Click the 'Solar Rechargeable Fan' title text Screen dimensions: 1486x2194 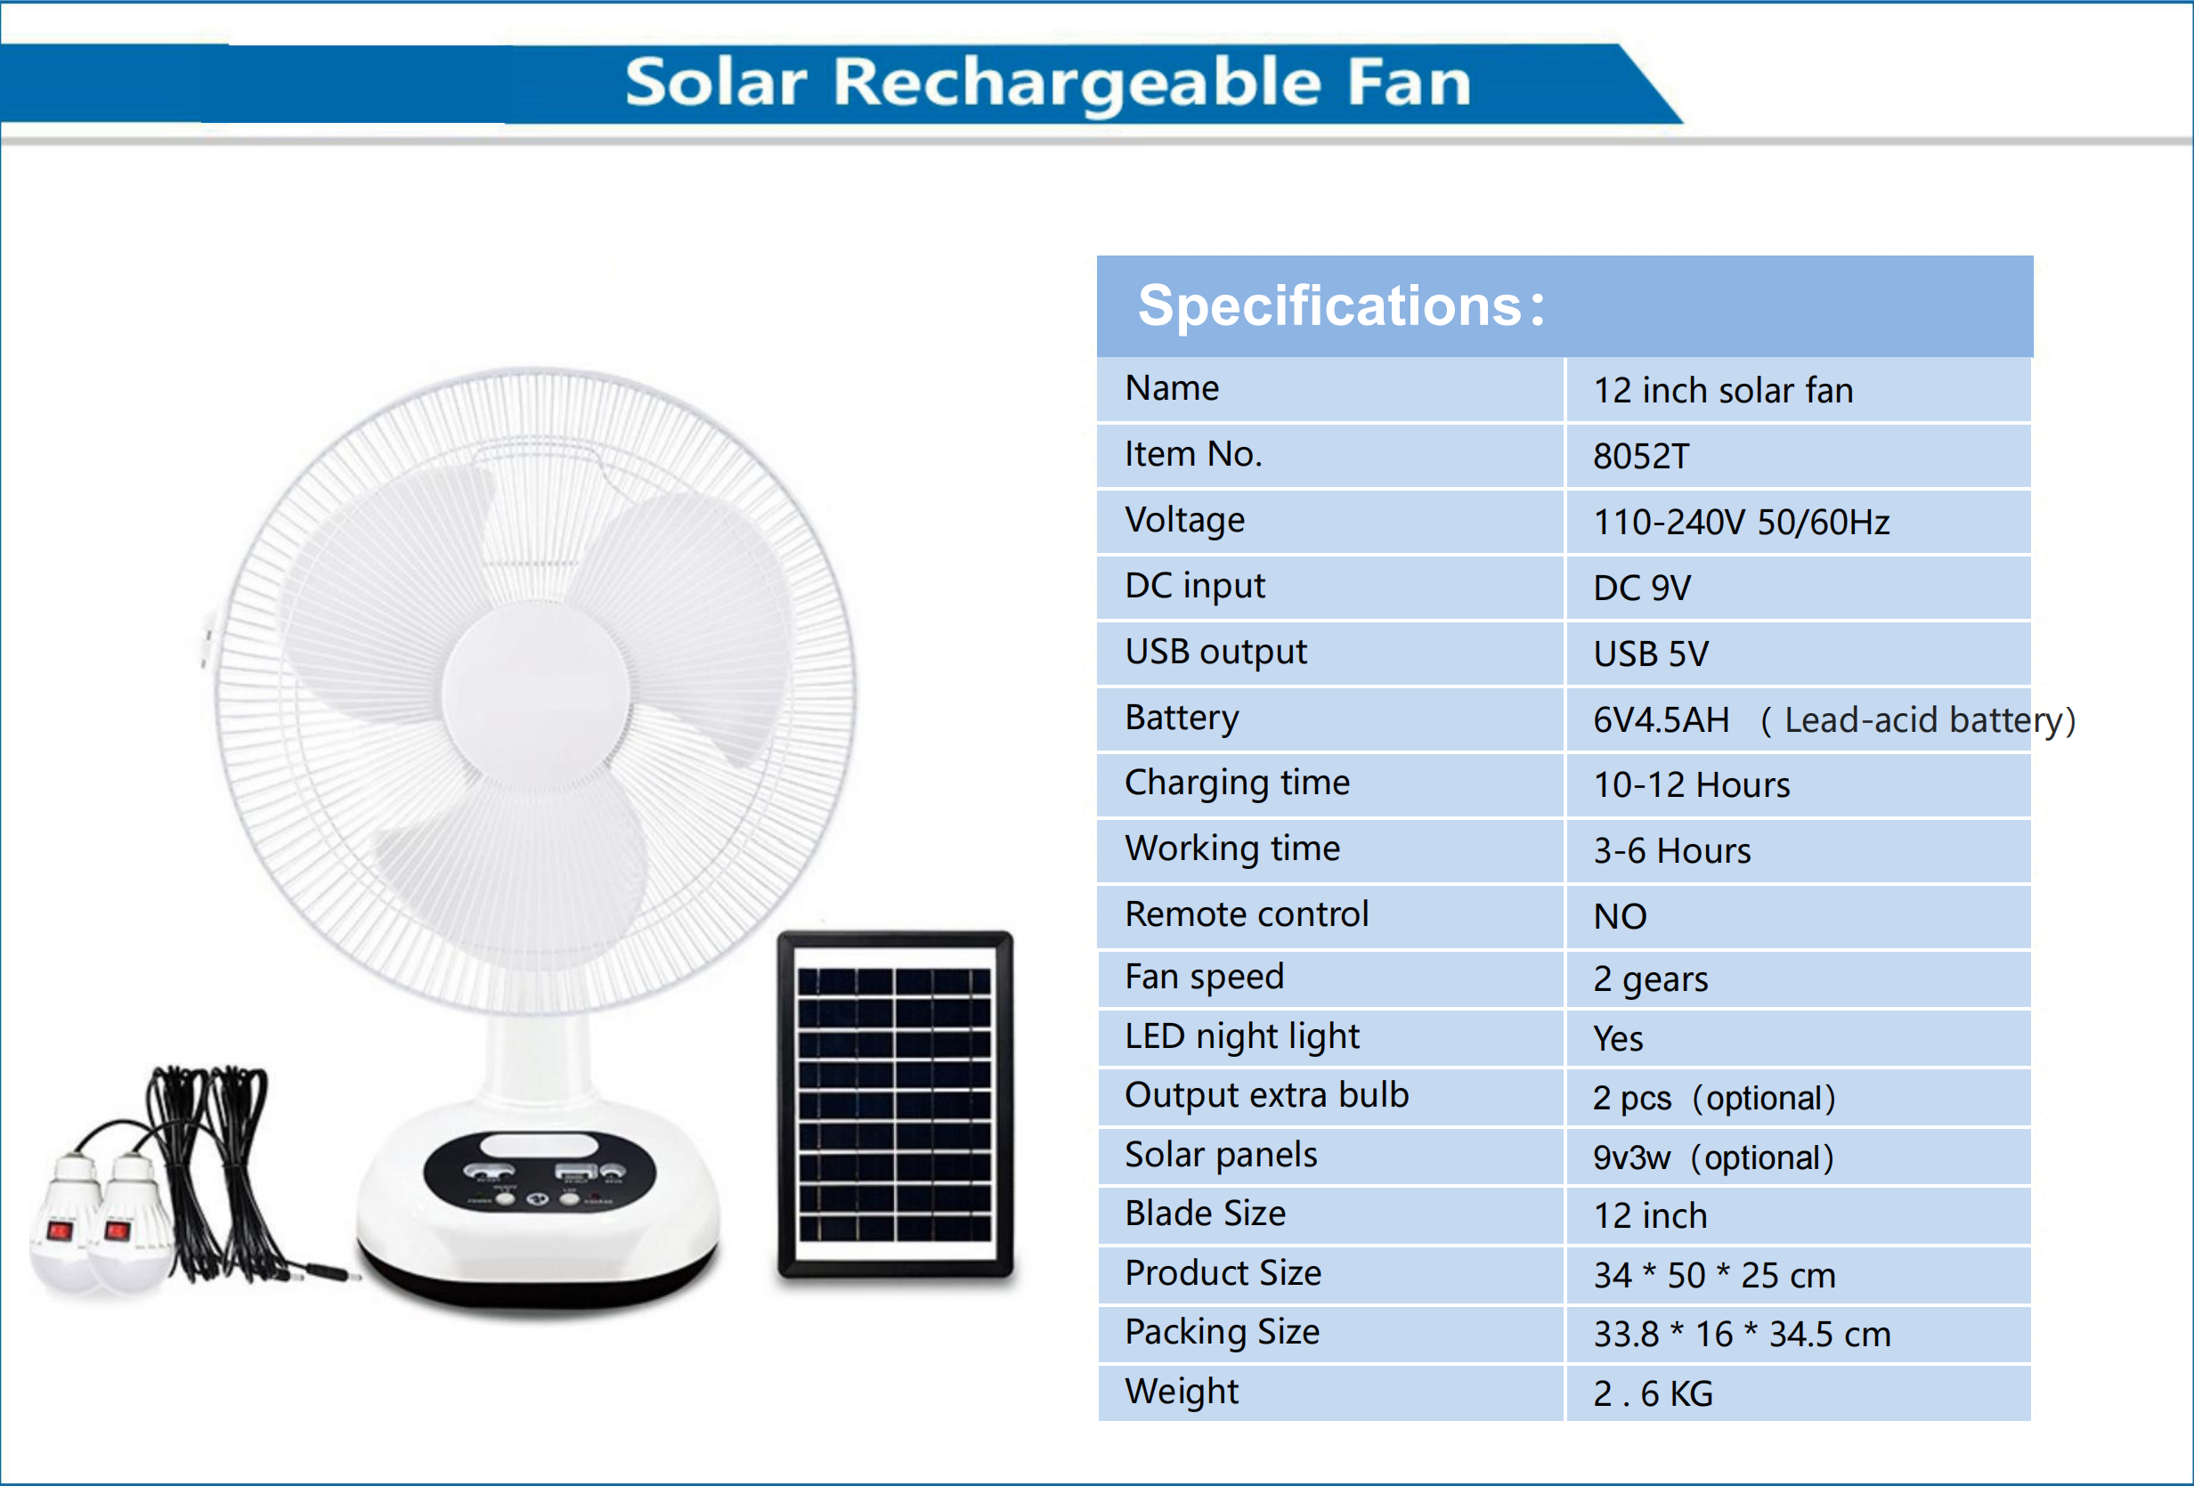(1048, 83)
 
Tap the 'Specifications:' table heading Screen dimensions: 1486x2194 (1341, 306)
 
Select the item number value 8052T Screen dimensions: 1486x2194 (1641, 457)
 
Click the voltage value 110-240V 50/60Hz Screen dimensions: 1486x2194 (1741, 522)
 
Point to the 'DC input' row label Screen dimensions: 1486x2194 (1194, 586)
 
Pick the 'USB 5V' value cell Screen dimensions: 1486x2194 (1650, 654)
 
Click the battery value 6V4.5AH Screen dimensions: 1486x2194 (1662, 720)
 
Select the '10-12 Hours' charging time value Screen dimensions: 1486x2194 (1691, 785)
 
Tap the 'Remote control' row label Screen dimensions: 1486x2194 (1247, 914)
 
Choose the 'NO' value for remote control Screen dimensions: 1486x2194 (1620, 917)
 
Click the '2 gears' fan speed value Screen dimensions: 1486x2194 (1650, 980)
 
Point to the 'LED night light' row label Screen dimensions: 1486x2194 (1241, 1036)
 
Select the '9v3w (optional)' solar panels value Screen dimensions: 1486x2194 (1712, 1157)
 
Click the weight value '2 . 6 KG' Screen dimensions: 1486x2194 (1652, 1393)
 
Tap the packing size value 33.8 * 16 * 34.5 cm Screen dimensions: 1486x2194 (1742, 1334)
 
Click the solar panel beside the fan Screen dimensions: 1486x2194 (894, 1105)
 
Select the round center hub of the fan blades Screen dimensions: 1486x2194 (535, 693)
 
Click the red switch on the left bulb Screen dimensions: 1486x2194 (61, 1230)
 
